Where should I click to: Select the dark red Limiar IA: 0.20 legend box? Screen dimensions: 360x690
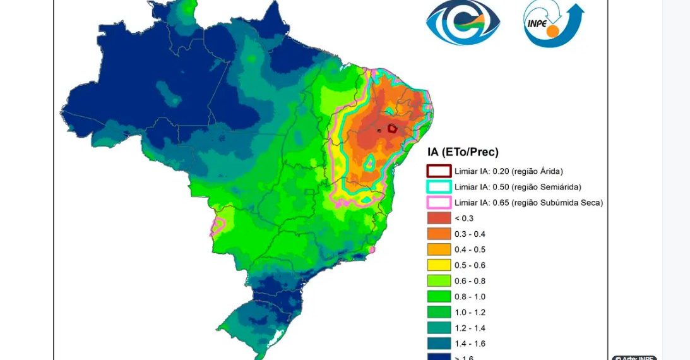pyautogui.click(x=439, y=171)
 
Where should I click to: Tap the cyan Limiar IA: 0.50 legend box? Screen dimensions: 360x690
pyautogui.click(x=439, y=187)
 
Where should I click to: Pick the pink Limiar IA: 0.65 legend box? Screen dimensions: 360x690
pyautogui.click(x=439, y=203)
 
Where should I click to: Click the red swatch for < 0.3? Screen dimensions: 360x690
pyautogui.click(x=439, y=219)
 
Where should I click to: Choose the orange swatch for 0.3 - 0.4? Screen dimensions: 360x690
pyautogui.click(x=439, y=234)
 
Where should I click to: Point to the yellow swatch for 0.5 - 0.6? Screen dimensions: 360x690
pyautogui.click(x=439, y=265)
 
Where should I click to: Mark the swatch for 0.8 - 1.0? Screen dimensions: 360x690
pyautogui.click(x=439, y=297)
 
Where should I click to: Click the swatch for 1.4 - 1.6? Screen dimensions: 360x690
pyautogui.click(x=439, y=344)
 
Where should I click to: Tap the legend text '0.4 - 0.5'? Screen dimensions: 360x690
pyautogui.click(x=470, y=249)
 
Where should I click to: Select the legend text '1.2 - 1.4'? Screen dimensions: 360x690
pyautogui.click(x=470, y=328)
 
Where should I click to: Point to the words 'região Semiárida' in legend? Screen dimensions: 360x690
pyautogui.click(x=546, y=187)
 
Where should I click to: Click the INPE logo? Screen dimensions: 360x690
pyautogui.click(x=552, y=24)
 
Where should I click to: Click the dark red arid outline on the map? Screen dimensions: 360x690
pyautogui.click(x=392, y=128)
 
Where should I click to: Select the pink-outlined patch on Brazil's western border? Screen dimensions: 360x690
pyautogui.click(x=218, y=226)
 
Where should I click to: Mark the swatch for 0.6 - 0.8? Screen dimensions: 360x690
pyautogui.click(x=439, y=281)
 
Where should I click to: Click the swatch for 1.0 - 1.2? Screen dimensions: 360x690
pyautogui.click(x=439, y=312)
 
